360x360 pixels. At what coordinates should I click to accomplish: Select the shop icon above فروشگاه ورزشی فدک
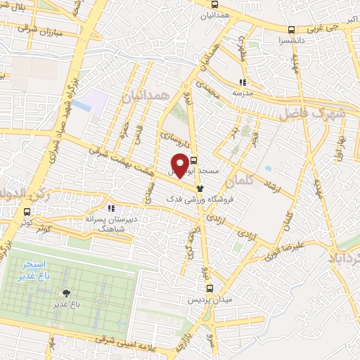pyautogui.click(x=200, y=188)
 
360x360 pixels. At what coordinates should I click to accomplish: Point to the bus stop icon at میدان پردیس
pyautogui.click(x=209, y=288)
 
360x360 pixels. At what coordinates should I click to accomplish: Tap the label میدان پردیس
pyautogui.click(x=209, y=300)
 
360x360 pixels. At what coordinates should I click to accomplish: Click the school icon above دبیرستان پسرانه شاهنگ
pyautogui.click(x=110, y=207)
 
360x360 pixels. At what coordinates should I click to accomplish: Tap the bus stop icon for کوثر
pyautogui.click(x=27, y=212)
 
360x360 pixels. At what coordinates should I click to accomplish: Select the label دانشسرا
pyautogui.click(x=291, y=41)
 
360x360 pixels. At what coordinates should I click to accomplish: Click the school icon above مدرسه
pyautogui.click(x=243, y=82)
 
